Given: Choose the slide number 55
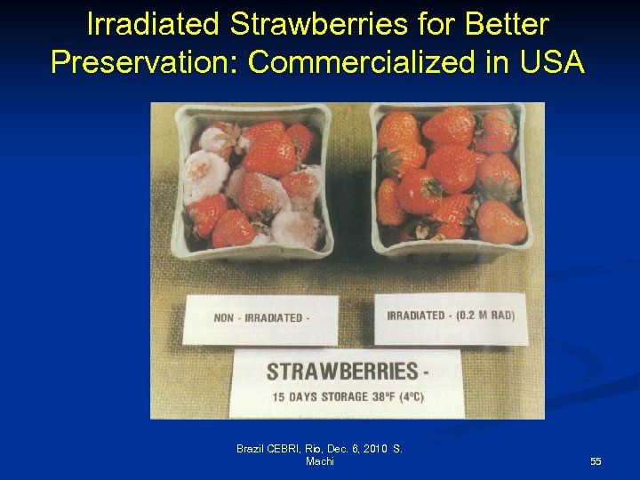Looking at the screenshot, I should [x=596, y=461].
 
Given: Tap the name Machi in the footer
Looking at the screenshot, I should [x=320, y=461].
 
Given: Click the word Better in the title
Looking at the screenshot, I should [x=504, y=24].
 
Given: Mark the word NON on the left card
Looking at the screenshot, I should [x=224, y=318].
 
